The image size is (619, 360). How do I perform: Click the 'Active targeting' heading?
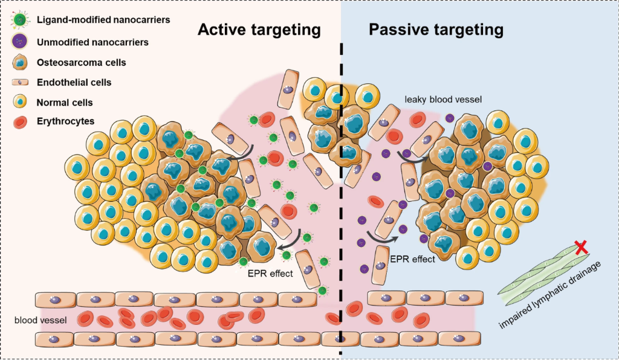pos(259,30)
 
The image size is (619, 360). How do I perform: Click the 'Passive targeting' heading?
pos(436,30)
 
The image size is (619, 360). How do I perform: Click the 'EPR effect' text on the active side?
pos(270,273)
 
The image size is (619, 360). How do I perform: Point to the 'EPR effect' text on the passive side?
pos(412,259)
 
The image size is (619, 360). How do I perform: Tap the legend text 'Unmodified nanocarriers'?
pos(101,42)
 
